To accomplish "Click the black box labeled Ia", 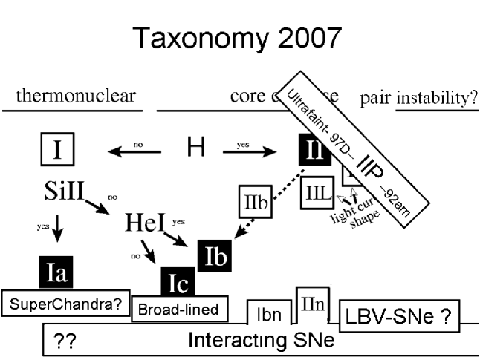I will (x=57, y=273).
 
